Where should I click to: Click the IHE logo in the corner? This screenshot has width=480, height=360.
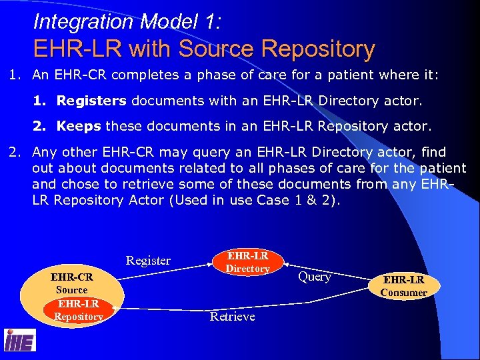tap(20, 340)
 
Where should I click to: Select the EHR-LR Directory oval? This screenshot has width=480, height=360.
tap(247, 262)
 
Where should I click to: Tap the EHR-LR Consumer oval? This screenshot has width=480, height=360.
tap(403, 285)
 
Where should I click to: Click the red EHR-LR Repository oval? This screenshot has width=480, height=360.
tap(78, 311)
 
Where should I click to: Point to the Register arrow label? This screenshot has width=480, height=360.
tap(148, 261)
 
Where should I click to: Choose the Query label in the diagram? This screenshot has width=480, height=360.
tap(315, 277)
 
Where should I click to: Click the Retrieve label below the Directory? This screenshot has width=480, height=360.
tap(232, 317)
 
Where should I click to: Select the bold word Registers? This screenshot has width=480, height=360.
tap(91, 101)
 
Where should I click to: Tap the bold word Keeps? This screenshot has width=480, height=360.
tap(79, 125)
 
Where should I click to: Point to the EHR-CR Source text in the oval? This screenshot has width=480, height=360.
tap(71, 283)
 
